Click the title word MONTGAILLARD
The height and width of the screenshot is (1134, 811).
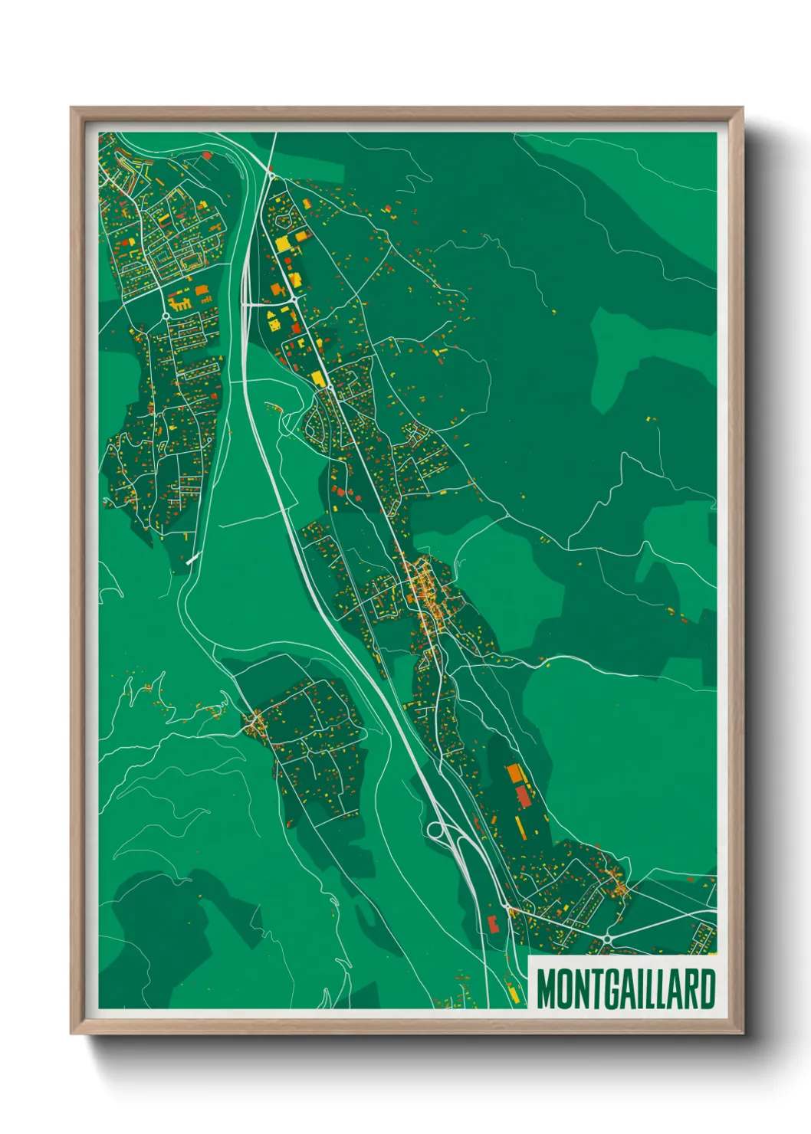click(x=625, y=988)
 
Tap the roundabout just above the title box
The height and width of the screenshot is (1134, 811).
click(x=606, y=939)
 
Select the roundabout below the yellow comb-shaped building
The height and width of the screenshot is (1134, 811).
click(x=166, y=315)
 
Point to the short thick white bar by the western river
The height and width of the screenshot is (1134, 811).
click(x=192, y=559)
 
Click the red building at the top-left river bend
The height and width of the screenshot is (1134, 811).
click(x=206, y=156)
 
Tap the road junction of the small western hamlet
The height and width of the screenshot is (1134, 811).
click(x=254, y=722)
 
